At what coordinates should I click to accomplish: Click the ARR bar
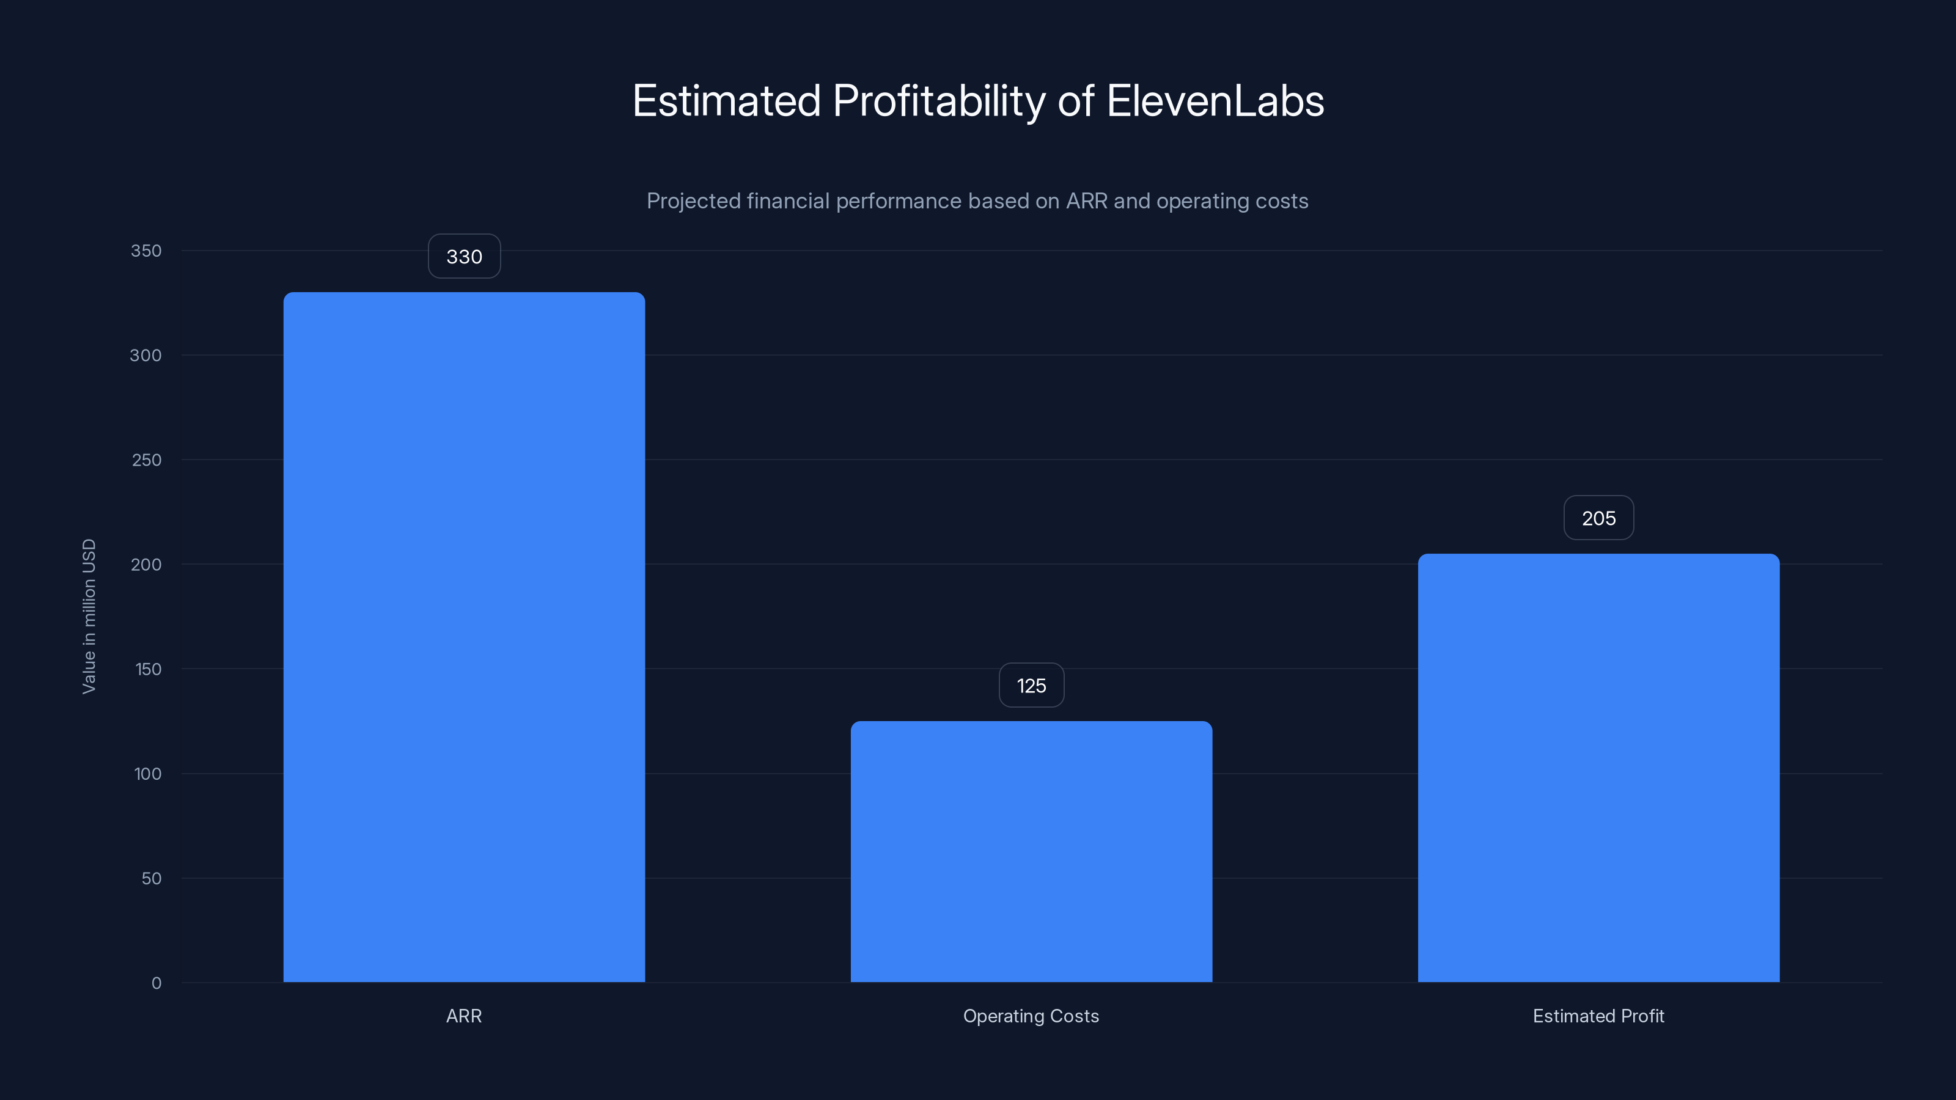tap(464, 637)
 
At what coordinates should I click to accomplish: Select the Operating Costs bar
tap(1031, 852)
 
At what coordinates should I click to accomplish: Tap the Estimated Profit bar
tap(1598, 768)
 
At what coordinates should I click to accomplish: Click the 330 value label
tap(464, 257)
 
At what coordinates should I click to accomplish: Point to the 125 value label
tap(1031, 686)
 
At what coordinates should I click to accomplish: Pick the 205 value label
tap(1598, 518)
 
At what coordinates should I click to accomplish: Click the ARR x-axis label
tap(464, 1016)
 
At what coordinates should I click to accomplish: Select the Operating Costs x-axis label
tap(1031, 1016)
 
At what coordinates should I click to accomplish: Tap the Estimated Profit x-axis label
tap(1598, 1016)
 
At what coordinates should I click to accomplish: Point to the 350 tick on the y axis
tap(146, 251)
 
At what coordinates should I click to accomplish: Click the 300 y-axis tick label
tap(146, 355)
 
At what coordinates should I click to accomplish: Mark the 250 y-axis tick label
tap(147, 460)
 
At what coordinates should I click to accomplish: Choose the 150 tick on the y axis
tap(148, 669)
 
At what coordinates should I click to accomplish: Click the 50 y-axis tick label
tap(151, 878)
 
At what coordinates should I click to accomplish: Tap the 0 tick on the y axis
tap(156, 983)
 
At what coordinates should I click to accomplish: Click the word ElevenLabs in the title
tap(1215, 101)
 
